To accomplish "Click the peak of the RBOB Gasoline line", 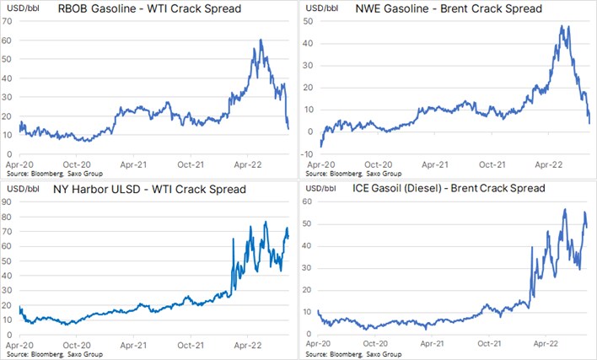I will point(261,40).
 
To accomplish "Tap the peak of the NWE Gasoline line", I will point(562,26).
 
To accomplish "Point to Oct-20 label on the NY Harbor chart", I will point(77,345).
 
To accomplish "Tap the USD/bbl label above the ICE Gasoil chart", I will point(321,188).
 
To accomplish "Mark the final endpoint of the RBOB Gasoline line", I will point(288,129).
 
